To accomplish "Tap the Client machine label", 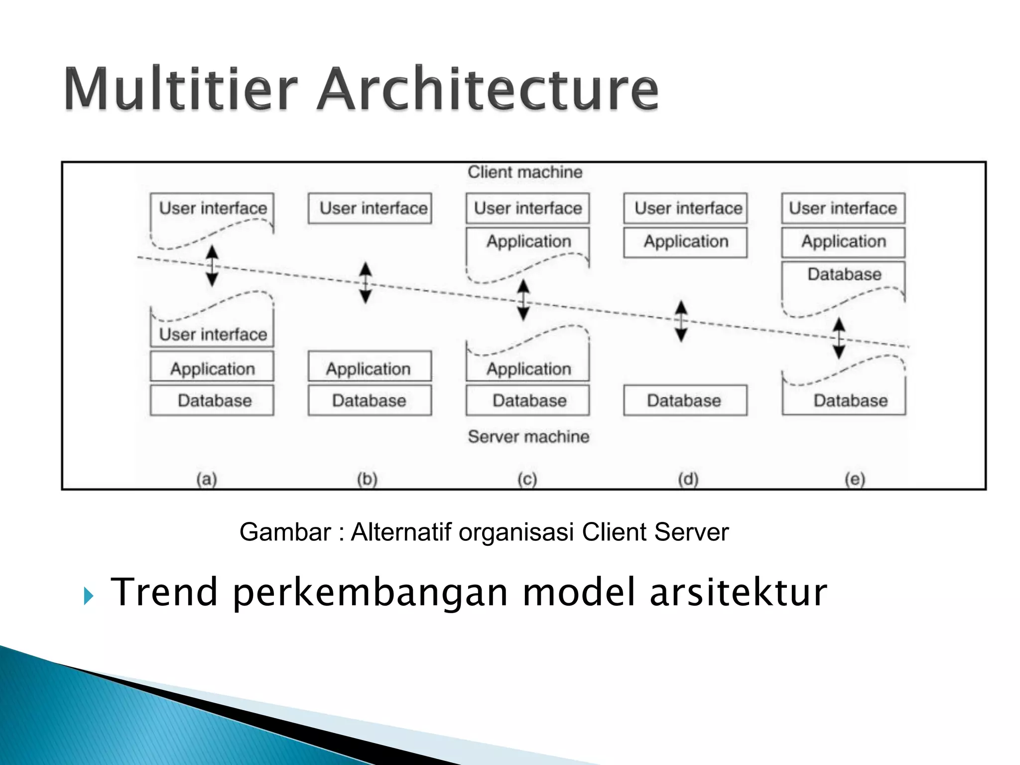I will (x=524, y=172).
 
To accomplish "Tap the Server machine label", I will (x=528, y=437).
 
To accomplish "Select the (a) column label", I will (x=207, y=479).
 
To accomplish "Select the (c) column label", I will (x=527, y=479).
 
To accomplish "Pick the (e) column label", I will (x=855, y=479).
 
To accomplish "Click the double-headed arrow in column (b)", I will (x=366, y=283).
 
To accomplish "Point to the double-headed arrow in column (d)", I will (x=681, y=321).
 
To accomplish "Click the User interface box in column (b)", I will (x=370, y=208).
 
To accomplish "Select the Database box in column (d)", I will (x=685, y=400).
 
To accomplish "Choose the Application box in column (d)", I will (x=685, y=242).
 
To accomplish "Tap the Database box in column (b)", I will (x=370, y=400).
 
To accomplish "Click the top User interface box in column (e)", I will (x=843, y=208).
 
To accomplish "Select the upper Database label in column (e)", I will (x=844, y=274).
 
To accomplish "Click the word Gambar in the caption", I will (x=284, y=532).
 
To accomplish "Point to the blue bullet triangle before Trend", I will (x=89, y=595).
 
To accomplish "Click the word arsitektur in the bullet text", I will (x=738, y=593).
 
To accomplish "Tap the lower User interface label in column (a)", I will (x=213, y=335).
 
